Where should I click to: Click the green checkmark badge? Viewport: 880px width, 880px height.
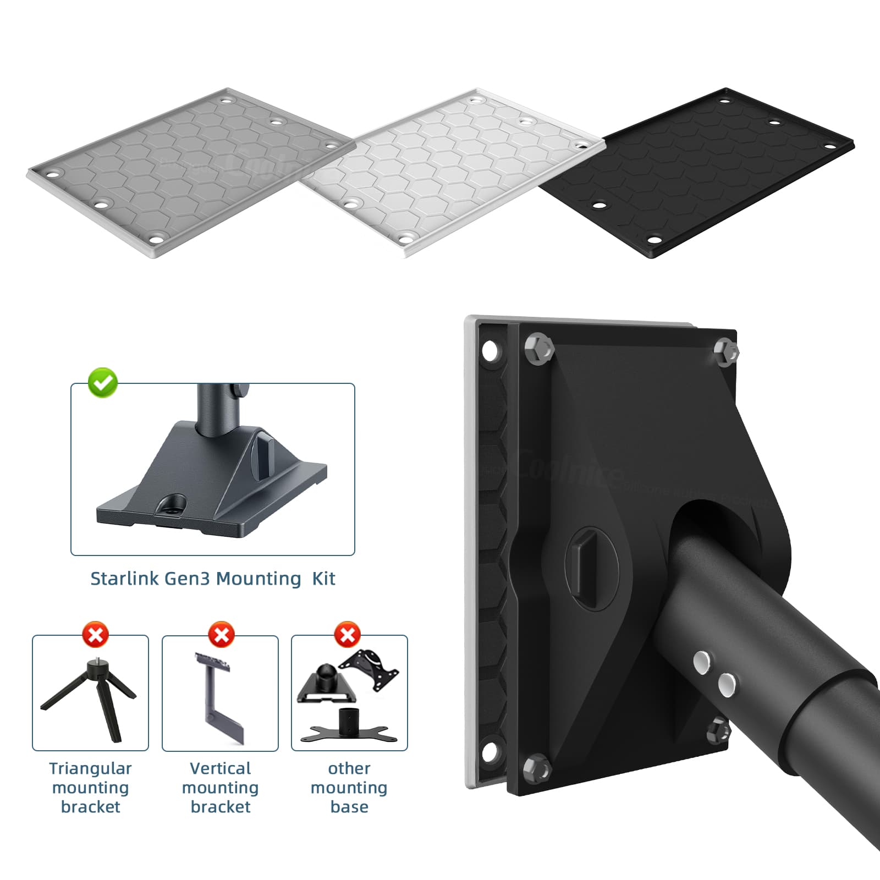103,382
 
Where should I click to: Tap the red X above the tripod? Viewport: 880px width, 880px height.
96,635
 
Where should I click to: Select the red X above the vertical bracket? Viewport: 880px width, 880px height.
221,635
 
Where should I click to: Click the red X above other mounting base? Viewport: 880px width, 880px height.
348,635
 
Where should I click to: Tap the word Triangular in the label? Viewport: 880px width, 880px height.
90,768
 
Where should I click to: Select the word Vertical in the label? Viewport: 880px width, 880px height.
220,768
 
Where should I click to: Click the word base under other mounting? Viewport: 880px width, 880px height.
349,807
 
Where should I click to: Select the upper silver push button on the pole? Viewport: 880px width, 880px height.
701,662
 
